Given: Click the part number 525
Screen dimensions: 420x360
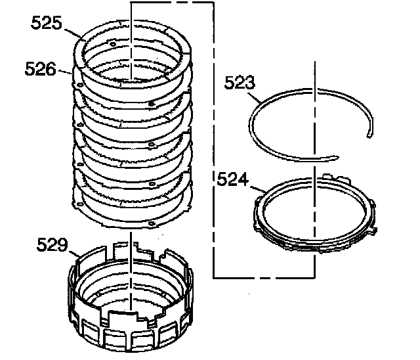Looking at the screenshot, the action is coord(47,24).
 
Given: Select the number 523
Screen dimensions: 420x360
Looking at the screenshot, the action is coord(240,83).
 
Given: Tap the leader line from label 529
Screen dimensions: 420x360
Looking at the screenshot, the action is coord(74,252).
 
